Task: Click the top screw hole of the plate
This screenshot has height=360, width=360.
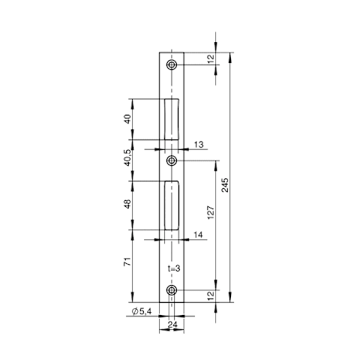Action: pyautogui.click(x=172, y=65)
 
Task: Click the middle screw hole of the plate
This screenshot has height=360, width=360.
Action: pyautogui.click(x=172, y=160)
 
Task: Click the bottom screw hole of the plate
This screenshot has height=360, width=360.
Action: pyautogui.click(x=172, y=290)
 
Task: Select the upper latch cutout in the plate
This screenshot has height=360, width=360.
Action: pyautogui.click(x=172, y=119)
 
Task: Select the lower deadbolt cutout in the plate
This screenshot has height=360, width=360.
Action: pyautogui.click(x=172, y=205)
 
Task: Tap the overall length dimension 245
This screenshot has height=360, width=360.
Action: pyautogui.click(x=225, y=185)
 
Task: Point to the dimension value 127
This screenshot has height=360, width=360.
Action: pyautogui.click(x=211, y=212)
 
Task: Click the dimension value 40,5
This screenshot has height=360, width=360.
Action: pyautogui.click(x=127, y=157)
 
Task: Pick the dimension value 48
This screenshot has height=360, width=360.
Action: pyautogui.click(x=127, y=204)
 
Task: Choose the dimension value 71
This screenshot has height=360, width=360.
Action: pyautogui.click(x=127, y=262)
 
